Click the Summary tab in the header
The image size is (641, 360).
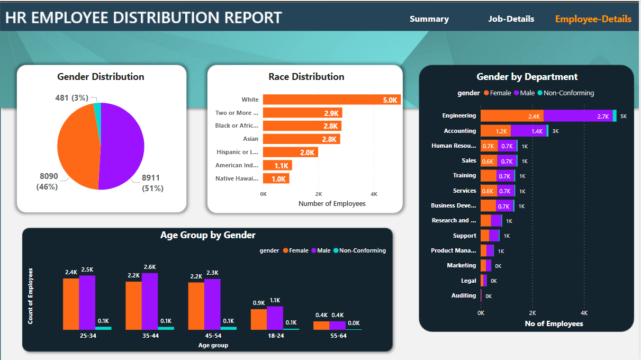tap(429, 19)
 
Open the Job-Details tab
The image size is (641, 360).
tap(511, 19)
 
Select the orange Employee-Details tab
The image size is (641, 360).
tap(593, 19)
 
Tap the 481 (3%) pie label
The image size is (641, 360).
tap(71, 98)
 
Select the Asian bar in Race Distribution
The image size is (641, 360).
tap(301, 139)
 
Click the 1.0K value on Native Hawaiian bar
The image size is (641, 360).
tap(278, 179)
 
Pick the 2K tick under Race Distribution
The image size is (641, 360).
tap(319, 194)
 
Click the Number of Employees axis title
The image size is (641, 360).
tap(332, 204)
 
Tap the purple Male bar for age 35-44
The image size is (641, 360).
tap(150, 301)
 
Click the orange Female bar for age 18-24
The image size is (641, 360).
tap(258, 319)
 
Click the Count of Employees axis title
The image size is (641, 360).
tap(31, 295)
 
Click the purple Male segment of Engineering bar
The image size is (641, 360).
tap(577, 116)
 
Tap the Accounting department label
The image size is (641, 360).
tap(459, 131)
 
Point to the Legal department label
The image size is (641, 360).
tap(468, 281)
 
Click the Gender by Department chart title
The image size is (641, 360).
tap(527, 77)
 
